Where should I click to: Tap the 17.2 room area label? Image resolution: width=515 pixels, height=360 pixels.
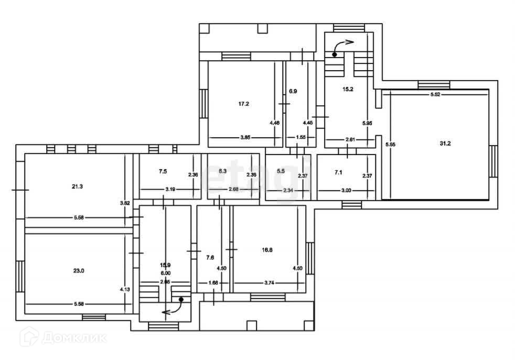tap(243, 104)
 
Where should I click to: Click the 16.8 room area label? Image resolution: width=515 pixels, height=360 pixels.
tap(267, 249)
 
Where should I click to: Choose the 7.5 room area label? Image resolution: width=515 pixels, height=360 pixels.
tap(163, 171)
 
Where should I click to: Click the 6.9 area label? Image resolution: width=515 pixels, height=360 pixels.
tap(293, 91)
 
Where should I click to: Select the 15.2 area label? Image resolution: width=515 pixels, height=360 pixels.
tap(348, 89)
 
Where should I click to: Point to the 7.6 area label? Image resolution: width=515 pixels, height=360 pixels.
tap(210, 257)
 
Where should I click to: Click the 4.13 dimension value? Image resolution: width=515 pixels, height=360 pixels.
tap(124, 289)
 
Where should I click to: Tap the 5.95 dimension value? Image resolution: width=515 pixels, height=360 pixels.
tap(368, 123)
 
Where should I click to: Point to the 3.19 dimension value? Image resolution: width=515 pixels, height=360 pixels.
tap(170, 189)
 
